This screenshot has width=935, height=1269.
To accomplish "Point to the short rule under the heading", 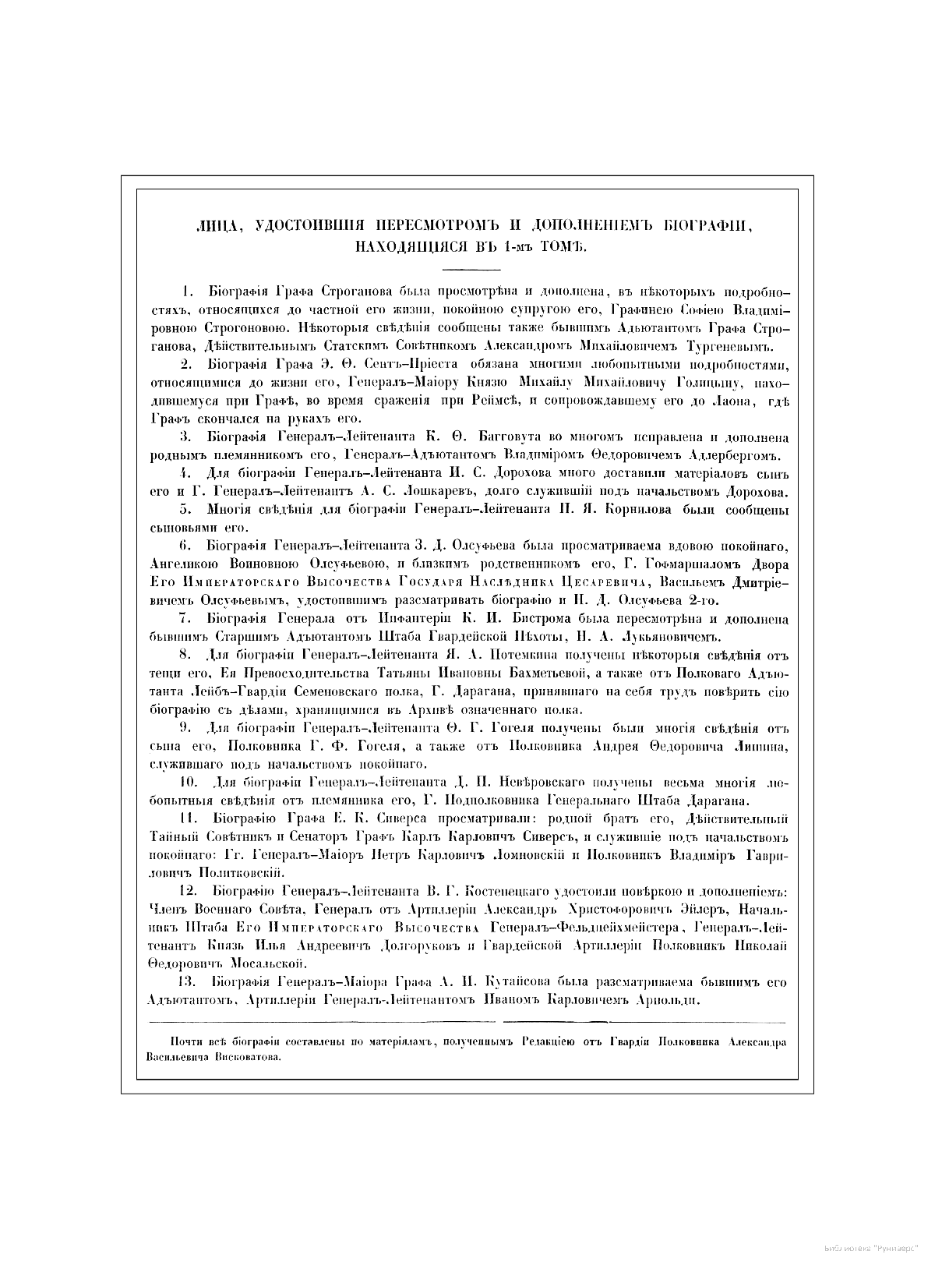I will (x=467, y=269).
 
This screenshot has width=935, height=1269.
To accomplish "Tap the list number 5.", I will (x=185, y=510).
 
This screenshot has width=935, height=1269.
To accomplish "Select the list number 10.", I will (x=188, y=782).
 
